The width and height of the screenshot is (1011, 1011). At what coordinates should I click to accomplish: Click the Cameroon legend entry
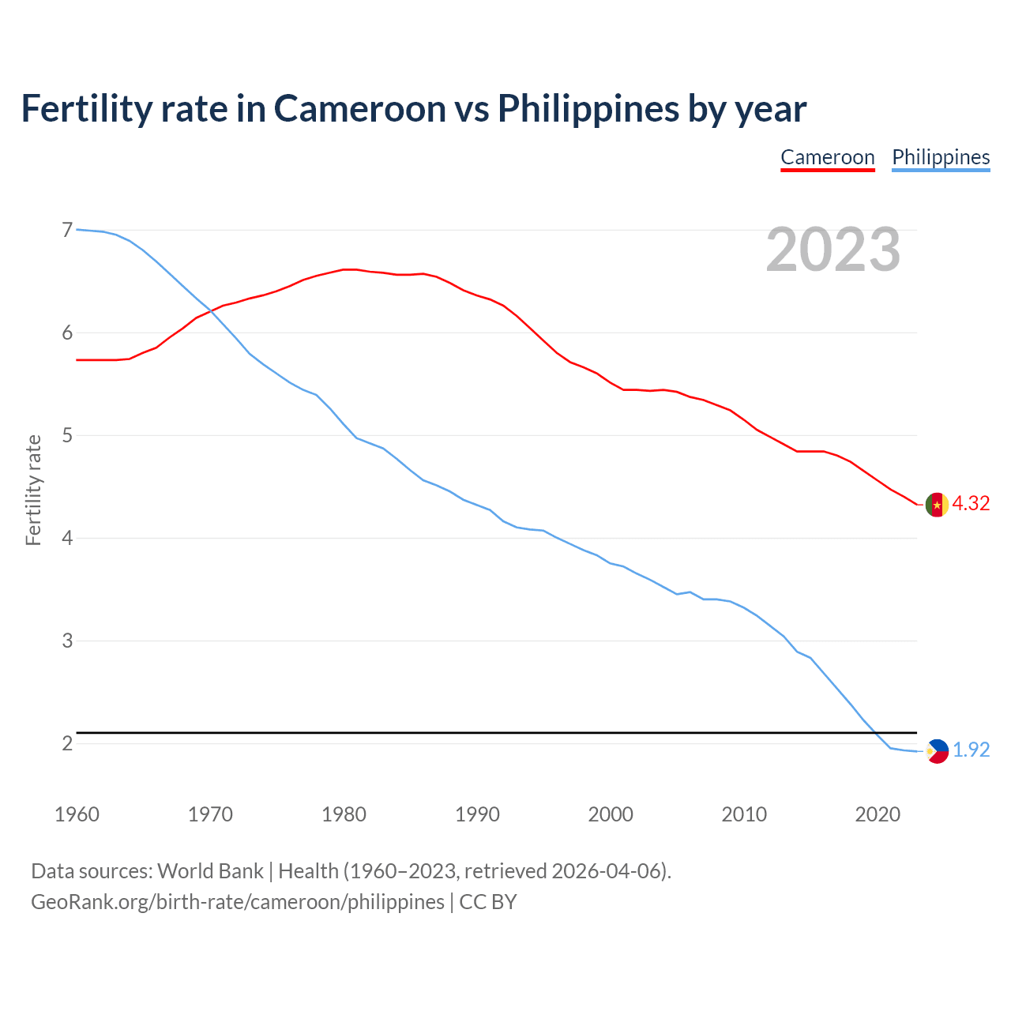pos(827,157)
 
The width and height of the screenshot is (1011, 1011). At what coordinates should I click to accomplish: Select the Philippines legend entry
pos(940,157)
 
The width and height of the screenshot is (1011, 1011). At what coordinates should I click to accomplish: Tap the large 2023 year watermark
pos(832,250)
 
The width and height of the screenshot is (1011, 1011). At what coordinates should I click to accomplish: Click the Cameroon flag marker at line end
pos(937,504)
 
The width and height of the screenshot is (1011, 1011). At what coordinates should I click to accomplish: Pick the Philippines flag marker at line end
pos(937,750)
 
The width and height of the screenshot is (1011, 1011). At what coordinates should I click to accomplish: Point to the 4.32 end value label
pos(971,504)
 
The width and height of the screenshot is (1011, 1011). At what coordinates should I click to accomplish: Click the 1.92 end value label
pos(971,750)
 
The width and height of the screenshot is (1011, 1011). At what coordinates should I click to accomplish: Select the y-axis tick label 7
pos(67,230)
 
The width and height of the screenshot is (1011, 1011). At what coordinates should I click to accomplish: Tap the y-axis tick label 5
pos(67,435)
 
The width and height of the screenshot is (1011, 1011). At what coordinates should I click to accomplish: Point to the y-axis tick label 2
pos(67,743)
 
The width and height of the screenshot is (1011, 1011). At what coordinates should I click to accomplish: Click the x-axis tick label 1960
pos(77,814)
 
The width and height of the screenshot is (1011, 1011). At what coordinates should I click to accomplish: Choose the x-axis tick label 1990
pos(477,814)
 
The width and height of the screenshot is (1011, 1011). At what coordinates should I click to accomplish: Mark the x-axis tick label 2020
pos(878,814)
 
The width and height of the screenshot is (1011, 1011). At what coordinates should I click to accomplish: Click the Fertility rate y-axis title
pos(33,490)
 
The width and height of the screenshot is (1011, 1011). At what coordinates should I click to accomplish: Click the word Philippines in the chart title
pos(588,109)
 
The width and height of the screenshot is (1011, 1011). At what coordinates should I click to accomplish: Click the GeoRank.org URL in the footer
pos(237,902)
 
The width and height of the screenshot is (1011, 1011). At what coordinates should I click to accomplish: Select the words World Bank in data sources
pos(210,871)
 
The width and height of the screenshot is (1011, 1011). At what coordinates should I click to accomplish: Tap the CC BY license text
pos(488,902)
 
